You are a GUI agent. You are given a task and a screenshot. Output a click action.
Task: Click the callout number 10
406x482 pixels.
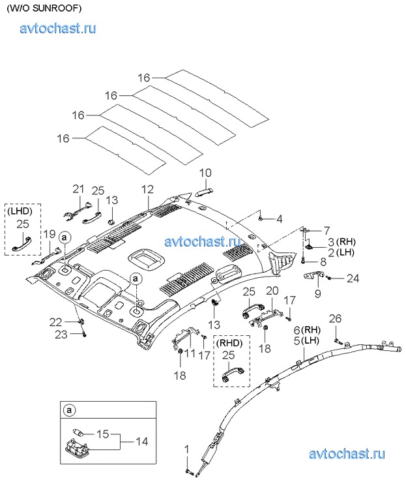[205, 173]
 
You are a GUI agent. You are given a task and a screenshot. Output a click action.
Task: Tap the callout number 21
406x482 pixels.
[78, 189]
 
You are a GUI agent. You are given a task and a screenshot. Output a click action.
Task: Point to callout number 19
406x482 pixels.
[50, 233]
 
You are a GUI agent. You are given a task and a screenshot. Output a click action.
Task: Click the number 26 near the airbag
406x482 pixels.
[335, 319]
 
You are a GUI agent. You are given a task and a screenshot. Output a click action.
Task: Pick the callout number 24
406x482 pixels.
[353, 279]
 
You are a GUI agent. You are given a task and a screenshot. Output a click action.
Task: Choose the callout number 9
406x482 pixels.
[317, 294]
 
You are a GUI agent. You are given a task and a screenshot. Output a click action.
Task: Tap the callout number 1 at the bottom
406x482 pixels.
[186, 449]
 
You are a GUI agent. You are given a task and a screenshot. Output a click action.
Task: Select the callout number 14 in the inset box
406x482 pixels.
[141, 442]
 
